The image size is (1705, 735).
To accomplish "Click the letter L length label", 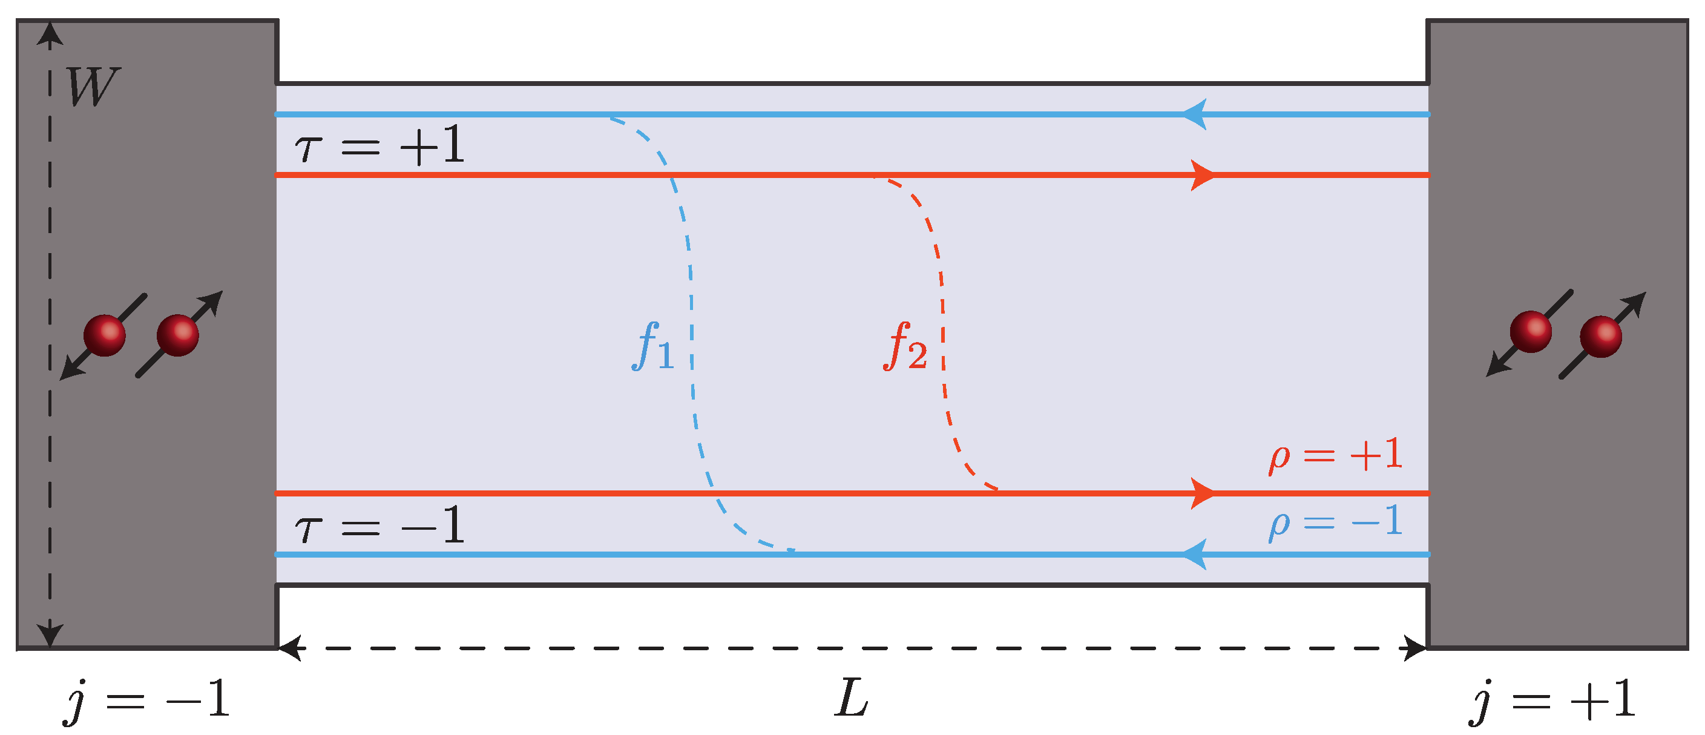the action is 851,699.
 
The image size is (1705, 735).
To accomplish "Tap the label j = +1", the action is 1551,700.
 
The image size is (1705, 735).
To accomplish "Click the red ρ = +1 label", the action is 1336,455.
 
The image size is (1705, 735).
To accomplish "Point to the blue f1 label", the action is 652,346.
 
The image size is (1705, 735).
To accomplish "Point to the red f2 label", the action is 905,346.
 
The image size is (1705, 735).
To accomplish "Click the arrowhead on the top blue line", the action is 1195,114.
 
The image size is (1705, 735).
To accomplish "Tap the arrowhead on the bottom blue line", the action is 1195,554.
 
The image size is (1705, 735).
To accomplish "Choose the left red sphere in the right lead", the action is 1530,332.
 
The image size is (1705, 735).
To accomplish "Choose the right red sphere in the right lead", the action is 1600,337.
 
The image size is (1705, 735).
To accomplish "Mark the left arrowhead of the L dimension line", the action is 289,648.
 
